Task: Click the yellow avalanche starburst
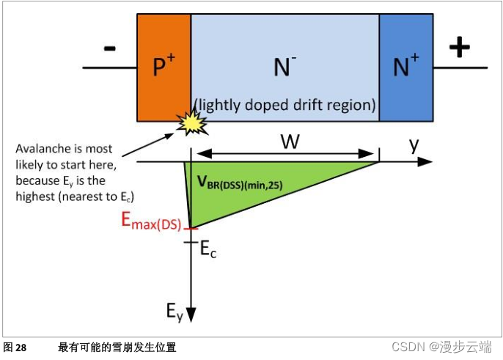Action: [x=194, y=124]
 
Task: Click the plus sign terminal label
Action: [x=459, y=48]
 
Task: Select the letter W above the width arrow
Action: [x=290, y=142]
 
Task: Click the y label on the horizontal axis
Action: [x=414, y=144]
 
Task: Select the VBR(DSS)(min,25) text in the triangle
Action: [x=238, y=183]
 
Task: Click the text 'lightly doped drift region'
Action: [x=284, y=105]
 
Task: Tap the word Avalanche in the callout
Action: [x=39, y=149]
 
